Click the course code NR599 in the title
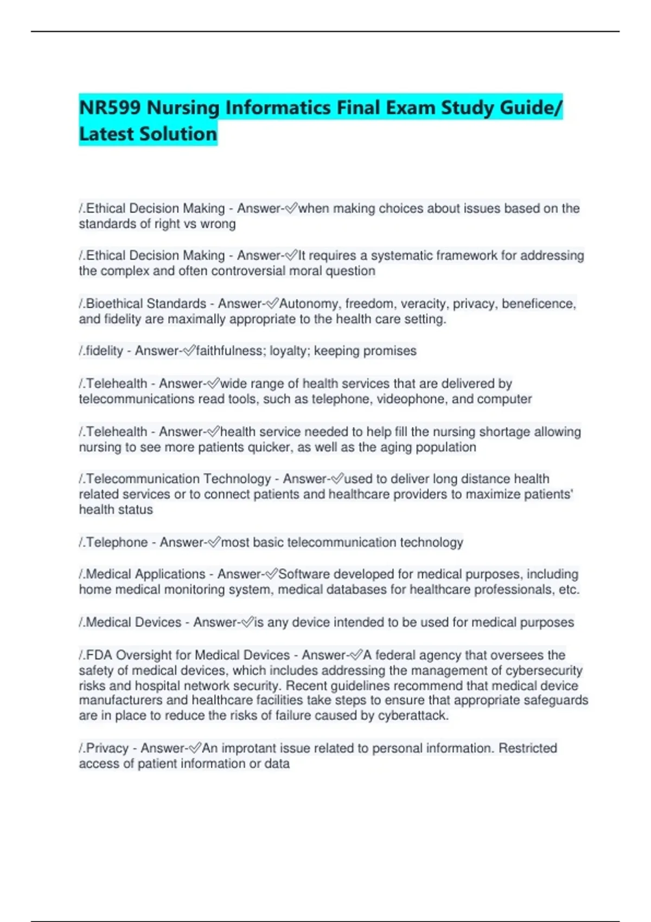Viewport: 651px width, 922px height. [111, 107]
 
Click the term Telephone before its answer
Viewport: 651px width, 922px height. [117, 542]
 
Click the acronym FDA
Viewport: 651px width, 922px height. [99, 655]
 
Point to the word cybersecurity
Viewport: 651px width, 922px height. [544, 670]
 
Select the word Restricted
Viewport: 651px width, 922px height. [527, 748]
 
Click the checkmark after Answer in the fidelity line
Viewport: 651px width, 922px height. [188, 351]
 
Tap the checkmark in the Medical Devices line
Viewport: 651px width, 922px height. [247, 623]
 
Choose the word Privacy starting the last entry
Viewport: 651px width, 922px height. [106, 748]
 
